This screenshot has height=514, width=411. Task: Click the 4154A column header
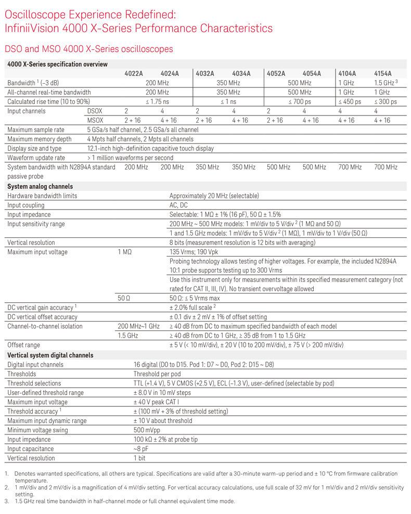pyautogui.click(x=382, y=73)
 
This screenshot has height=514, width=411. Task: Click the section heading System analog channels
pyautogui.click(x=40, y=186)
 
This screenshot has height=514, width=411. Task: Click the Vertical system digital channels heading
pyautogui.click(x=50, y=355)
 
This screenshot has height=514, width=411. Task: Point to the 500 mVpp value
pyautogui.click(x=146, y=430)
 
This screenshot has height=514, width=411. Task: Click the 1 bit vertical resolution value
pyautogui.click(x=139, y=458)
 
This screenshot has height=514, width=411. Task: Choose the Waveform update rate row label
pyautogui.click(x=36, y=158)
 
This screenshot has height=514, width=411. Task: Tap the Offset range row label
pyautogui.click(x=24, y=345)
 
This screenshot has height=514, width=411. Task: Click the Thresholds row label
pyautogui.click(x=22, y=374)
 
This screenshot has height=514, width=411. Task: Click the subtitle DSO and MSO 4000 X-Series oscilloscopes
pyautogui.click(x=88, y=49)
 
